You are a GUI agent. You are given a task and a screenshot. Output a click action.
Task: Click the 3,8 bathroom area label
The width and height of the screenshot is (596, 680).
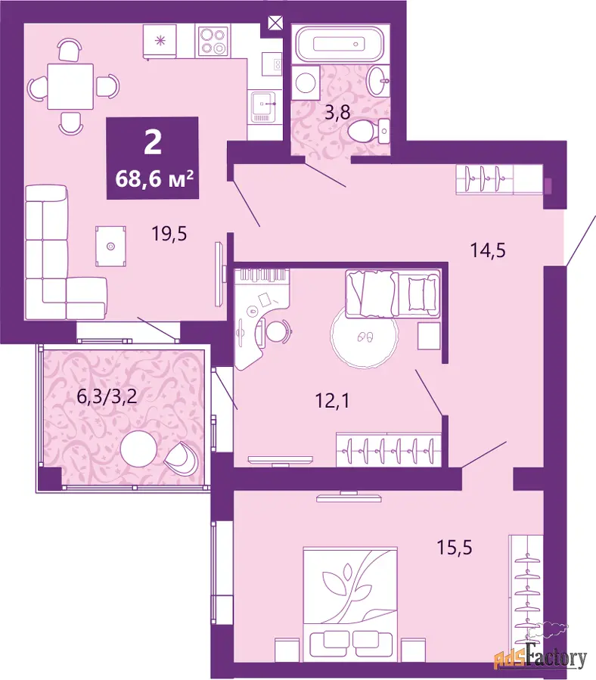337,113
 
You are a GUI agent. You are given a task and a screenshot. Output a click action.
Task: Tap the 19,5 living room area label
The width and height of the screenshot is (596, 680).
169,234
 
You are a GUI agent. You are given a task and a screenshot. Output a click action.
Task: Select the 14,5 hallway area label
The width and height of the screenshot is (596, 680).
488,250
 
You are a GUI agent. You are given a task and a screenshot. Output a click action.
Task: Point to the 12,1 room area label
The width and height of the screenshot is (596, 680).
332,401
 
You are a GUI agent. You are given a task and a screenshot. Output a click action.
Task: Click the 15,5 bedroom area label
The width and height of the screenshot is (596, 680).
454,548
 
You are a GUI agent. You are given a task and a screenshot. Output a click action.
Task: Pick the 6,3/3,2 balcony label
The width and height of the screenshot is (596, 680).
107,396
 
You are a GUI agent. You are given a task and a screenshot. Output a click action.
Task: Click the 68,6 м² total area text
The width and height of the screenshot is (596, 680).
154,179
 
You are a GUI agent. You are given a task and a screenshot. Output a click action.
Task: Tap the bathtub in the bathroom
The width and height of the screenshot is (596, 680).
339,44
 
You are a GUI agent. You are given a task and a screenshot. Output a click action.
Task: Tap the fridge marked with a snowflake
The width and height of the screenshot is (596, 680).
160,41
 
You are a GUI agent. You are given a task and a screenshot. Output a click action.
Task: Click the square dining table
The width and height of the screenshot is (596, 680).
70,86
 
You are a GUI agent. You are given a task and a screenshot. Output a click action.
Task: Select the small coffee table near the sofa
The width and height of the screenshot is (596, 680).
110,246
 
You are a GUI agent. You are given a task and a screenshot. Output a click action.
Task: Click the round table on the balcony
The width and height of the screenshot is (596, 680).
138,449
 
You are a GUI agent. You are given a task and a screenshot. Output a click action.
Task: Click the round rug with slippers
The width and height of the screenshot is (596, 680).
364,337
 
